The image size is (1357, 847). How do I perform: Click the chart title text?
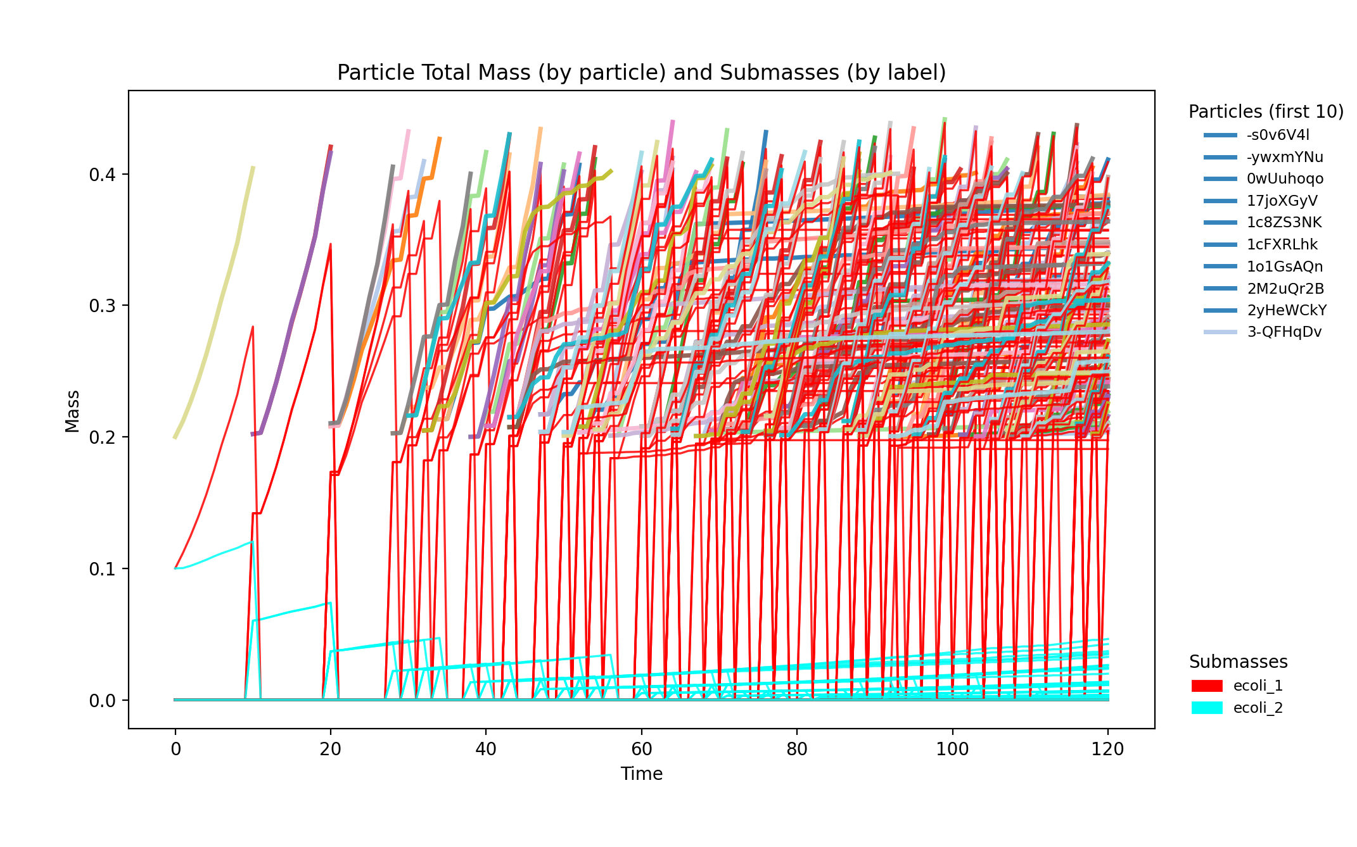(x=641, y=73)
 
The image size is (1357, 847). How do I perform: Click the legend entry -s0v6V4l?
(x=1277, y=135)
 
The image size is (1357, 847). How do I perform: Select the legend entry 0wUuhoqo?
(x=1285, y=179)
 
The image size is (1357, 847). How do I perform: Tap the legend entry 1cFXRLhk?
(x=1282, y=244)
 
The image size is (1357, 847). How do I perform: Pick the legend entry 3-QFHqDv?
(x=1284, y=332)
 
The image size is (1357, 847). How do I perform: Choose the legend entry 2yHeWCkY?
(x=1286, y=310)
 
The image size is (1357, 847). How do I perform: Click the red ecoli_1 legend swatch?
(x=1206, y=686)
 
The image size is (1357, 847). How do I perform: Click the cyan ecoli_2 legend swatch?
(x=1206, y=708)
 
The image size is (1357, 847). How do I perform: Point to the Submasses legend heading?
(x=1238, y=662)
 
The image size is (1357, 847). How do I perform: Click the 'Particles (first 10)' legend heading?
(x=1266, y=111)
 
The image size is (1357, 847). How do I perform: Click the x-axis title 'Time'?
(x=641, y=774)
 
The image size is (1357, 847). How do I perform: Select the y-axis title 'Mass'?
(x=72, y=411)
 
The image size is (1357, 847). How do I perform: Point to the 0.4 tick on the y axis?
(x=103, y=175)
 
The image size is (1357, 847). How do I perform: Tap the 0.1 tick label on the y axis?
(x=103, y=569)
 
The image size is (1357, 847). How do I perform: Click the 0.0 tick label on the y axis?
(x=103, y=701)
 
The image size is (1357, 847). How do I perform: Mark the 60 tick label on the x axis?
(x=641, y=750)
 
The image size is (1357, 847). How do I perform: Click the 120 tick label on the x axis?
(x=1107, y=750)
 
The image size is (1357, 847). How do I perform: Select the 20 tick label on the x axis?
(x=330, y=750)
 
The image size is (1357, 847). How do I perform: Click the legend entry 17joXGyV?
(x=1282, y=201)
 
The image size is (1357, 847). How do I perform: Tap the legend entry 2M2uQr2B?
(x=1285, y=289)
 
